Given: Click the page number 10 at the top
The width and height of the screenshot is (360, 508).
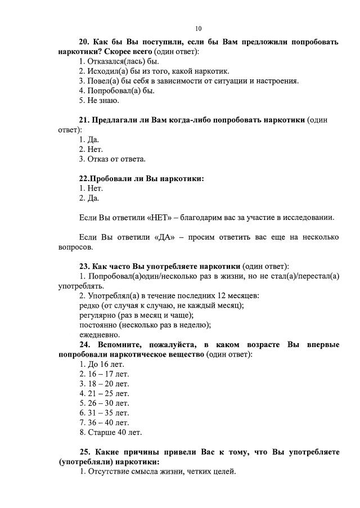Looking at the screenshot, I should coord(198,29).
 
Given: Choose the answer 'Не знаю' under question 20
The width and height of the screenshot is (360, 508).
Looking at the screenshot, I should coord(99,101).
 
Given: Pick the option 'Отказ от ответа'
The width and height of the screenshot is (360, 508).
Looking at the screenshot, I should coord(112,159).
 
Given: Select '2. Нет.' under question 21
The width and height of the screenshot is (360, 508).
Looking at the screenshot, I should coord(91,149).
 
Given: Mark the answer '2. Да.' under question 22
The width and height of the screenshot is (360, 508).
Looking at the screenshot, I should coord(89,198).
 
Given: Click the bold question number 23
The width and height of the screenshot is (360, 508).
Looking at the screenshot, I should coord(84,266).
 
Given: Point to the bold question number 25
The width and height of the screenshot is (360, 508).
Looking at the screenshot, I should coord(84,452).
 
